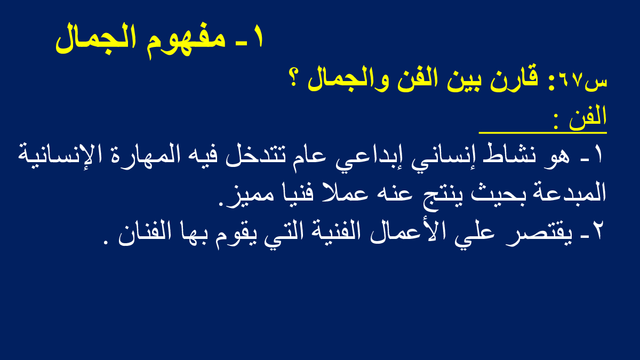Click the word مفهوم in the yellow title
click(x=186, y=41)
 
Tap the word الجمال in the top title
click(x=95, y=38)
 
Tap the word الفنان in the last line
click(x=146, y=234)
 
